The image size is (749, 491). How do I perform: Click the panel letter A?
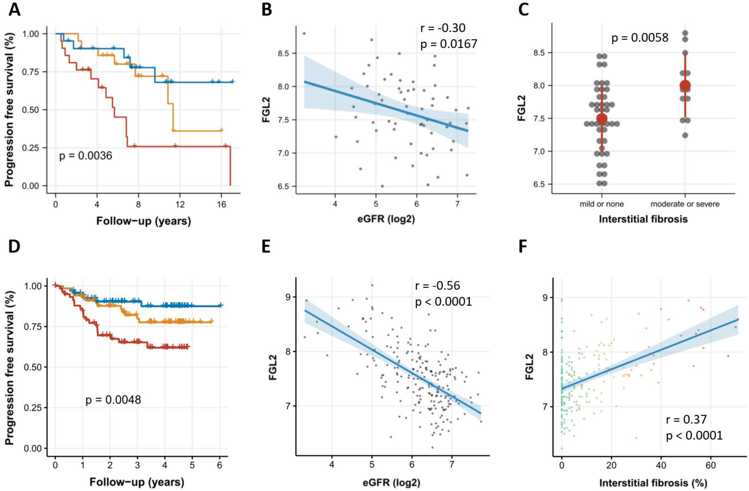pyautogui.click(x=14, y=10)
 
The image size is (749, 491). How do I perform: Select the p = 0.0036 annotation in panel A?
pyautogui.click(x=86, y=155)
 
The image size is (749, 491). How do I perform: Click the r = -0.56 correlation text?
pyautogui.click(x=437, y=286)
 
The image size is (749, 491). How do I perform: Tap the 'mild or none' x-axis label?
pyautogui.click(x=601, y=204)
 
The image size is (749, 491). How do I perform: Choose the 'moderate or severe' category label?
pyautogui.click(x=685, y=204)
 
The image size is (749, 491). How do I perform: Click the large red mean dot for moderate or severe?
pyautogui.click(x=685, y=85)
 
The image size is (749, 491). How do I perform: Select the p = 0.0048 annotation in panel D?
pyautogui.click(x=113, y=400)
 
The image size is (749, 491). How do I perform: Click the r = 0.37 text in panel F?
pyautogui.click(x=686, y=419)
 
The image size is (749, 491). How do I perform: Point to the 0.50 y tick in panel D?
pyautogui.click(x=34, y=367)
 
